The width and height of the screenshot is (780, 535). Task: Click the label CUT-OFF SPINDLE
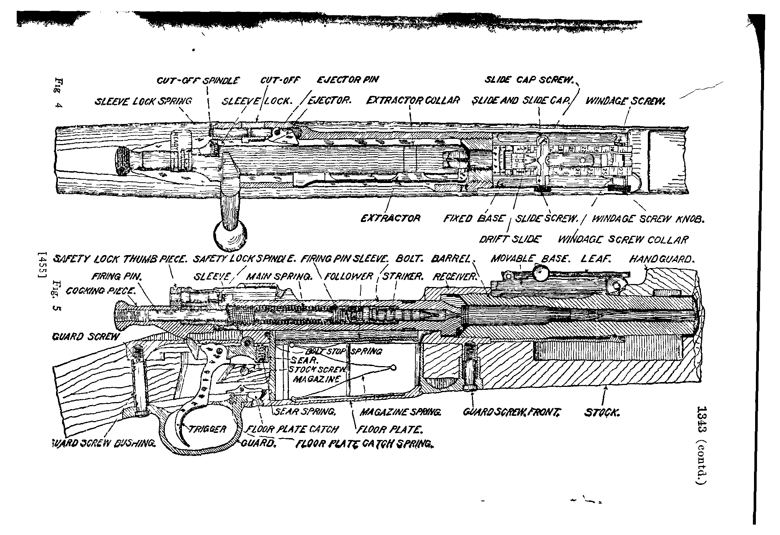[198, 81]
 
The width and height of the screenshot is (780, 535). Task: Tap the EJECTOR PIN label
[348, 80]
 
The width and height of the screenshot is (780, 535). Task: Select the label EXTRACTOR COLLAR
[413, 100]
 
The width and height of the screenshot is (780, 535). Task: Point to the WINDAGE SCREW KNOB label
[647, 219]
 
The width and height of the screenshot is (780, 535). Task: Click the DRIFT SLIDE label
[510, 239]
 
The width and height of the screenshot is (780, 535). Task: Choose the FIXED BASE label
[474, 219]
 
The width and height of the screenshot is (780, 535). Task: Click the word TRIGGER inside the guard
[207, 430]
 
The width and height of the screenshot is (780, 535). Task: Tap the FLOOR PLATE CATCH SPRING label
[364, 444]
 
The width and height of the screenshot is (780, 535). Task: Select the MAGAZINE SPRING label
[401, 412]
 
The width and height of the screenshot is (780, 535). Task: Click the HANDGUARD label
[661, 259]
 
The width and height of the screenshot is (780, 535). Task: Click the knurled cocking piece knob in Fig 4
[123, 160]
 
